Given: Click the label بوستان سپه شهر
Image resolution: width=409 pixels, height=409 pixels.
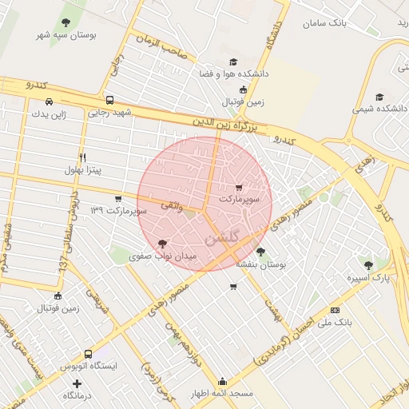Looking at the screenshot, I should coord(66,36).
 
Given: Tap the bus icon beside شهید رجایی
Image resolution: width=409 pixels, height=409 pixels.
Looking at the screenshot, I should coord(109,101).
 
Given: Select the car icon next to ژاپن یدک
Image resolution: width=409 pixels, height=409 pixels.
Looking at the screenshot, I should coord(50,102).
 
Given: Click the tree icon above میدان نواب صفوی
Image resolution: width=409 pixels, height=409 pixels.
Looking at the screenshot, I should coord(163,244).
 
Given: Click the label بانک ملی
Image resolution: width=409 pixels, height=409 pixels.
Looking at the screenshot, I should coord(335,323).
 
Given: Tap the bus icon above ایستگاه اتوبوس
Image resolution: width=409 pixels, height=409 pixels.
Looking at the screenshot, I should coord(88,354).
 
